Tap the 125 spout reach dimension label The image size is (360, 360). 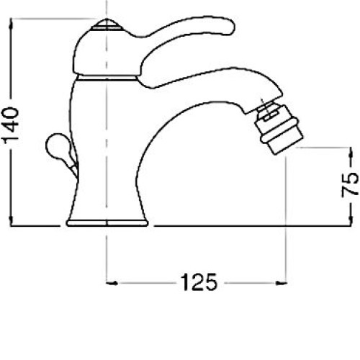[199, 282]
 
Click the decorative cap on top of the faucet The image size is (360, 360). [107, 24]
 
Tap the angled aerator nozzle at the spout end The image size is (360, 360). [278, 127]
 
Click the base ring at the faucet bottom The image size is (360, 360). [107, 223]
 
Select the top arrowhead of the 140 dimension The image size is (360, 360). [11, 24]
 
